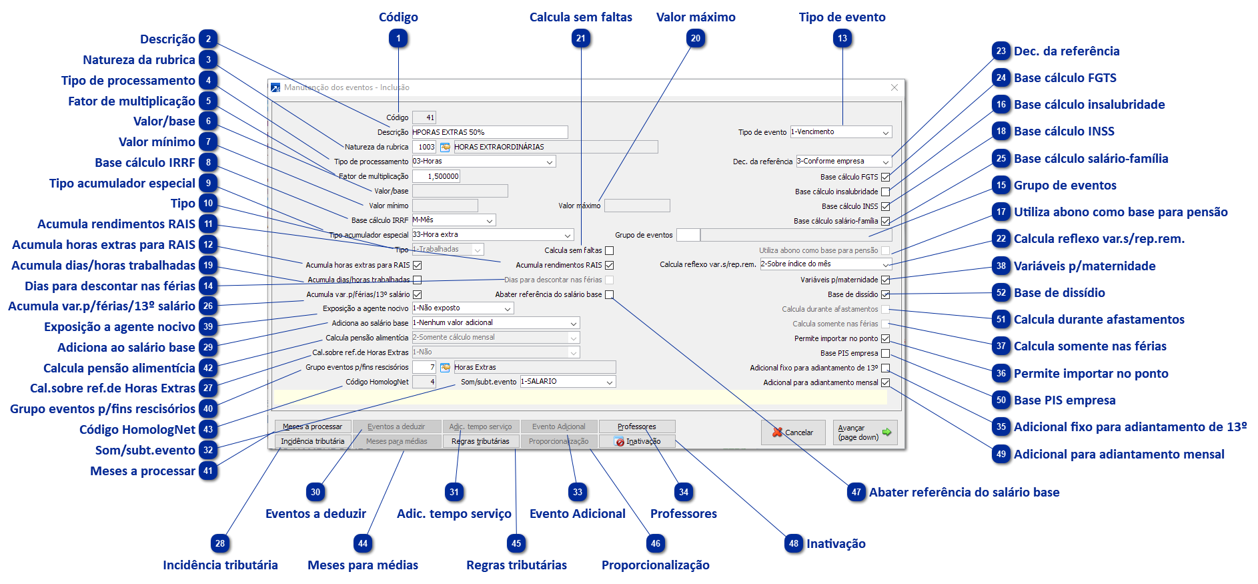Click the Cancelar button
click(792, 432)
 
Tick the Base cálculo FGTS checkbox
click(885, 177)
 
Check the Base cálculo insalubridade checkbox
click(885, 192)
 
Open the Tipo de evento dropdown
click(840, 132)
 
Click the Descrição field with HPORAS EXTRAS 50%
click(490, 132)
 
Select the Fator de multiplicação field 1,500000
click(436, 176)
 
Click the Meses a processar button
click(312, 426)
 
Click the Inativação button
click(637, 441)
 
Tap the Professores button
click(637, 426)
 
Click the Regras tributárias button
click(480, 441)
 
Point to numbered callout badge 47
click(856, 493)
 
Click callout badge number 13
click(842, 39)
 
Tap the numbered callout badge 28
click(220, 543)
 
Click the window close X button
click(894, 87)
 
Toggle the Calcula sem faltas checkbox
click(609, 250)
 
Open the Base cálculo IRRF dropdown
click(454, 220)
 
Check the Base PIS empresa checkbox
click(885, 353)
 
